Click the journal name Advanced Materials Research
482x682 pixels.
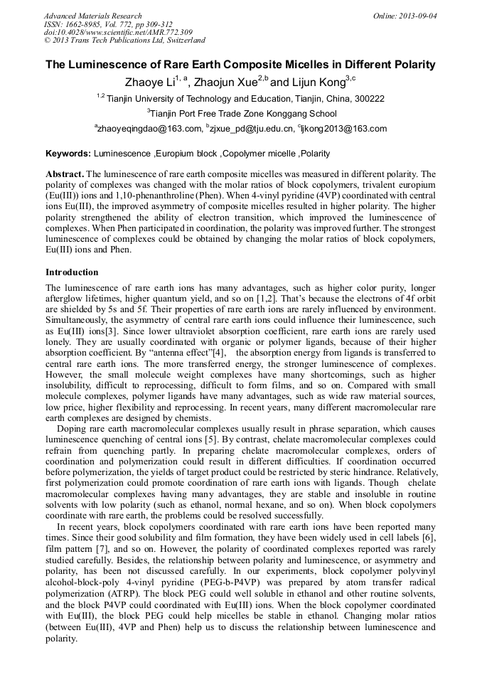click(x=93, y=16)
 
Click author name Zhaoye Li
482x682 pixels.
click(x=148, y=82)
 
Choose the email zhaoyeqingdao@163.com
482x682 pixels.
click(x=149, y=129)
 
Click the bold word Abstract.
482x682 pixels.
click(x=65, y=174)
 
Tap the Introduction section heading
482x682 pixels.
click(x=72, y=272)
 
